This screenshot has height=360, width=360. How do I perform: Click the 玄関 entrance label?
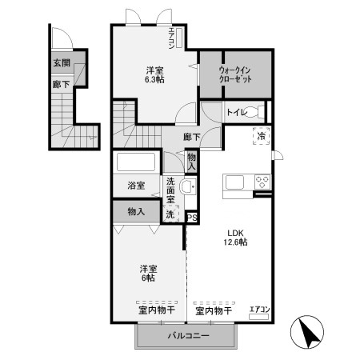pyautogui.click(x=61, y=62)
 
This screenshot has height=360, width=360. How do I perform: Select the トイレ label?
pyautogui.click(x=236, y=113)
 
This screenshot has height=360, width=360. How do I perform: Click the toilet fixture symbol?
pyautogui.click(x=256, y=113)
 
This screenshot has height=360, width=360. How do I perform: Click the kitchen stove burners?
pyautogui.click(x=262, y=181)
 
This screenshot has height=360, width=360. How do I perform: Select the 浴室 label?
pyautogui.click(x=136, y=186)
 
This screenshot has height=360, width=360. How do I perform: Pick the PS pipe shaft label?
pyautogui.click(x=192, y=217)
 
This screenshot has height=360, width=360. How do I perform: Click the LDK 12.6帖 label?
pyautogui.click(x=234, y=237)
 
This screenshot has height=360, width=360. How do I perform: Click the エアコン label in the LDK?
pyautogui.click(x=260, y=310)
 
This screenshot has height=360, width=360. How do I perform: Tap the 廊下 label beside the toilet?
pyautogui.click(x=190, y=137)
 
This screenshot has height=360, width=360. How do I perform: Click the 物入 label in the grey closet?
pyautogui.click(x=136, y=212)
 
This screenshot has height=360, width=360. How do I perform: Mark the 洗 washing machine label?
pyautogui.click(x=170, y=214)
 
